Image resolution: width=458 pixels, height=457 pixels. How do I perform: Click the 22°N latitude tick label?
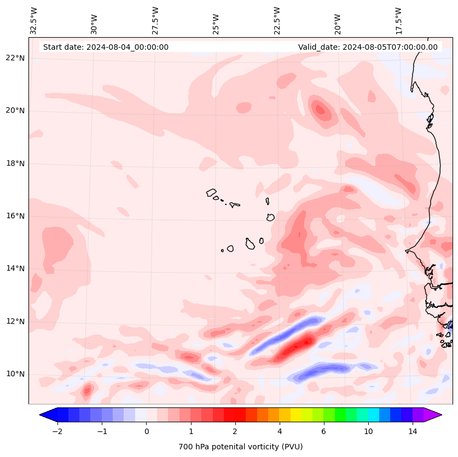pos(15,58)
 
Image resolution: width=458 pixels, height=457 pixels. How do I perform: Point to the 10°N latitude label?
pos(15,374)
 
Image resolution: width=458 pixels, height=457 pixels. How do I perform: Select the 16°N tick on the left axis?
pos(15,216)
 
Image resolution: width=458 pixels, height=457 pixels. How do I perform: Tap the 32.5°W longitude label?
pos(34,20)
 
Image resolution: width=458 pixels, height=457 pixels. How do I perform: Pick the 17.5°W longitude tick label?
pos(398,20)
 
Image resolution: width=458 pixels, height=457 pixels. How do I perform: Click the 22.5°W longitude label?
pos(277,20)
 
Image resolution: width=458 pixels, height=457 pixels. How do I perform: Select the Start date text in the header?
pos(106,47)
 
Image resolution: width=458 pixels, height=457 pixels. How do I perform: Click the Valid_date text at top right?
pos(368,47)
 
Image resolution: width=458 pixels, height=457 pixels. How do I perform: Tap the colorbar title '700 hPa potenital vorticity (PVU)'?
pos(240,447)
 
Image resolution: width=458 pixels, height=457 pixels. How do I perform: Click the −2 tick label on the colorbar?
pos(57,431)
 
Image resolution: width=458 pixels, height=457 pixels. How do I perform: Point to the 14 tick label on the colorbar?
pos(413,431)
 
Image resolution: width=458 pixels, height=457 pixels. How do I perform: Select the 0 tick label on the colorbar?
pos(146,431)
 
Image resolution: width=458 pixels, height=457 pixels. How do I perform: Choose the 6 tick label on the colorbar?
pos(323,431)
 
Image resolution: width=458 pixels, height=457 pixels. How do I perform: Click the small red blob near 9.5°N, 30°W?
pos(86,390)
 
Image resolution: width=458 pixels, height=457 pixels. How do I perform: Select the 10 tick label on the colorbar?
pos(368,431)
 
